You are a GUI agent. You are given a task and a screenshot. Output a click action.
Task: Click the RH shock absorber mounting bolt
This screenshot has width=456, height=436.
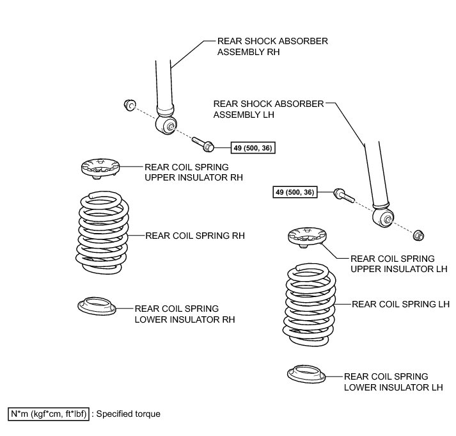203,145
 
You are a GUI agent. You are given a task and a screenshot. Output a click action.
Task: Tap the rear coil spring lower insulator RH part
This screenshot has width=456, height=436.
95,305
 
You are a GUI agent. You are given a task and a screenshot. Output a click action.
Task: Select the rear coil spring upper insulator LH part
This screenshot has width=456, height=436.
309,238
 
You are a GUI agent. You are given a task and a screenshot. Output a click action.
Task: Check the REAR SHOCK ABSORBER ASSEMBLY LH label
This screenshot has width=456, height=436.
268,108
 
